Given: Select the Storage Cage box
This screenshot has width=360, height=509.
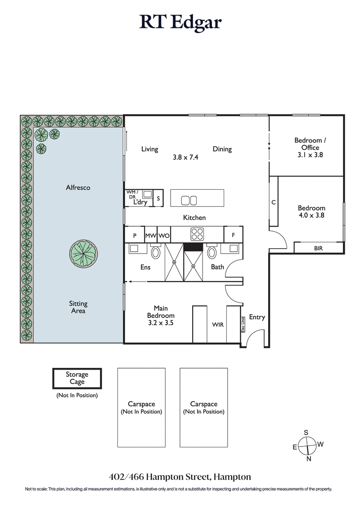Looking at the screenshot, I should (x=77, y=378).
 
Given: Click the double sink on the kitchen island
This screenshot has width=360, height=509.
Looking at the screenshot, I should (x=189, y=200).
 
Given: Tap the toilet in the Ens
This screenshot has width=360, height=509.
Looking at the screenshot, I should (x=156, y=252).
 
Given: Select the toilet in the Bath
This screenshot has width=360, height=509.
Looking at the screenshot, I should (x=212, y=252).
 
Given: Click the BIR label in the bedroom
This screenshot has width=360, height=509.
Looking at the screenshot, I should (x=318, y=248).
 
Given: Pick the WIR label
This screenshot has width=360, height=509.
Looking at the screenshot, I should (x=218, y=324).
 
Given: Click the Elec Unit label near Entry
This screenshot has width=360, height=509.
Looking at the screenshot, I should (x=243, y=323).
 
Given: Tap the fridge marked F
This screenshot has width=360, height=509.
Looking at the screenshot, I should (x=233, y=235).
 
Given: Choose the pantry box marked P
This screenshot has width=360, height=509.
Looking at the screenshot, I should (x=134, y=235).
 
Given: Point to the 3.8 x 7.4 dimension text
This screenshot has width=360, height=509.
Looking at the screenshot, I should (x=185, y=158).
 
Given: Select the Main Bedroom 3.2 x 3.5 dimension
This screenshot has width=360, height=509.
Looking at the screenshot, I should (x=161, y=322).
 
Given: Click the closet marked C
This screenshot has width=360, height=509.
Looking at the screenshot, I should (x=273, y=202).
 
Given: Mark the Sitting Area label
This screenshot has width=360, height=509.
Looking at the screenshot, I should (x=78, y=307).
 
